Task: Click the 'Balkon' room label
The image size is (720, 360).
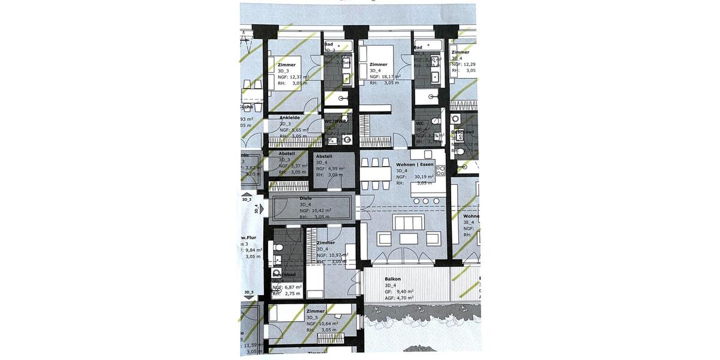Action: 393,279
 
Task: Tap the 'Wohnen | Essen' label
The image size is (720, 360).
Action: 415,164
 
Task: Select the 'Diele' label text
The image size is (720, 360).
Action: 305,198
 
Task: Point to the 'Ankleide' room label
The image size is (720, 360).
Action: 289,118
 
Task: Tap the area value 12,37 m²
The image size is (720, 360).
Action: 299,77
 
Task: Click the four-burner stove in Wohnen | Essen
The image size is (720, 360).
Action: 440,170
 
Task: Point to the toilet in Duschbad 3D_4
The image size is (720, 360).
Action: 277,247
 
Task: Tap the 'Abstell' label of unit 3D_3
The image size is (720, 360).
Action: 287,154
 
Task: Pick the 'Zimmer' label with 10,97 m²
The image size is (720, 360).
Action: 325,243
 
